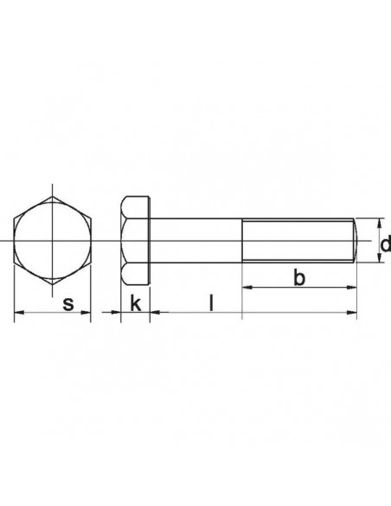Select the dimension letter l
tap(212, 302)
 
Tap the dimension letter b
tap(298, 277)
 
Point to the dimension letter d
tap(385, 250)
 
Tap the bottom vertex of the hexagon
tap(53, 285)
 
